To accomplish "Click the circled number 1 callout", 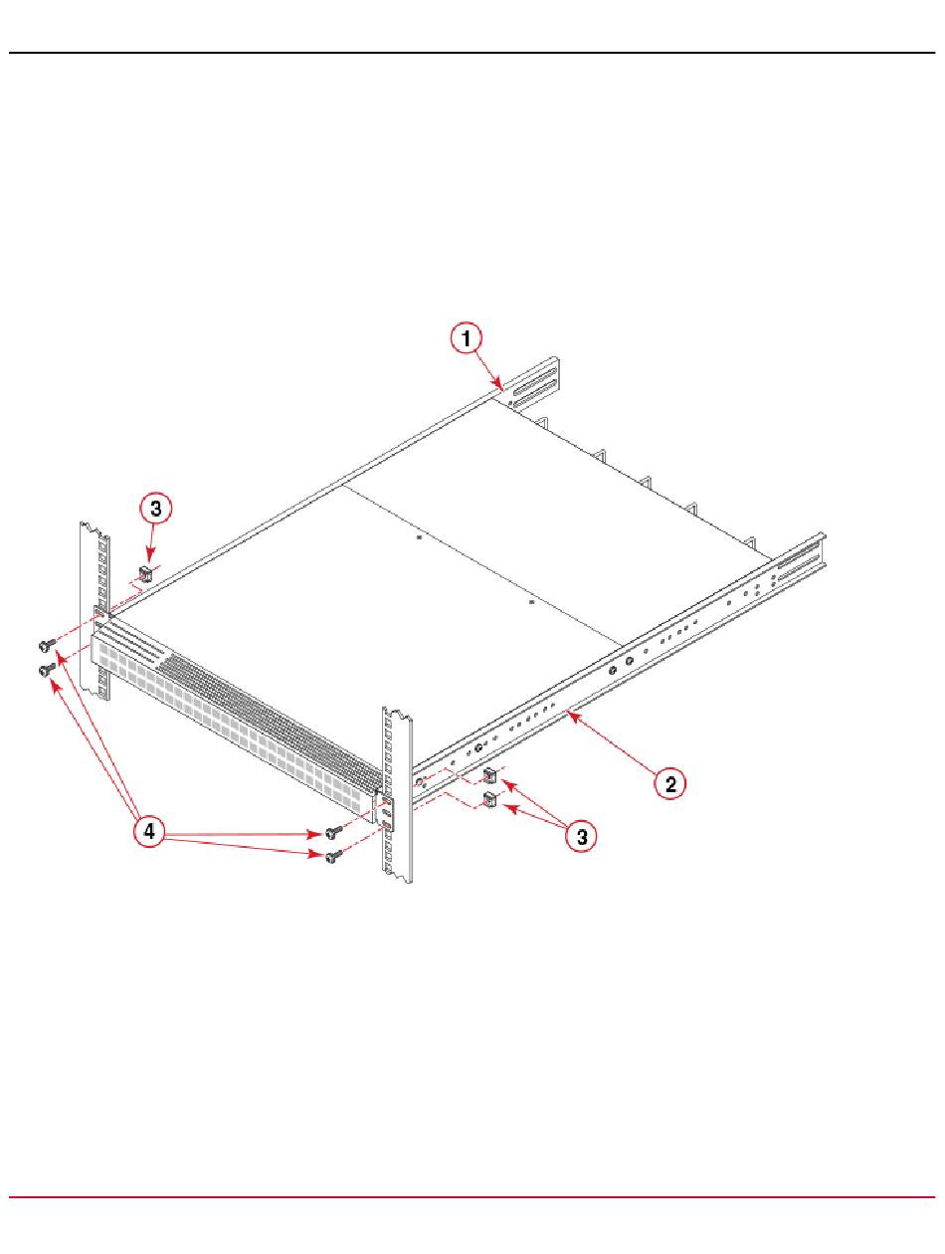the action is [x=467, y=338].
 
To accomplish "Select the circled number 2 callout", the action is [x=669, y=783].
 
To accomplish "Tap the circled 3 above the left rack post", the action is [x=156, y=508].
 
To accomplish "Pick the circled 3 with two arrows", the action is [x=582, y=837].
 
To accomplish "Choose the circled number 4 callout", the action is [x=149, y=831].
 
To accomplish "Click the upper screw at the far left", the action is [x=46, y=645].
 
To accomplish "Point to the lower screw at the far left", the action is [x=46, y=669].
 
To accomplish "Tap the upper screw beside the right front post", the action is [x=333, y=832].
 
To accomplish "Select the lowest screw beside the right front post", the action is [x=333, y=856].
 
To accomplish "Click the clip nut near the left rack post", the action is [x=145, y=573].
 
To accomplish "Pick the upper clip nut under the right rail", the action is [x=489, y=776].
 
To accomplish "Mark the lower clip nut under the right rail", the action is [x=489, y=800].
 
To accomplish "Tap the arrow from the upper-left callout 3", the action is [x=152, y=541].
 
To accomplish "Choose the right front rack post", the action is [x=397, y=794].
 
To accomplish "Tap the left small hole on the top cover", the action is [x=419, y=537].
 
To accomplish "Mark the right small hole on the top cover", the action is [x=531, y=601].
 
